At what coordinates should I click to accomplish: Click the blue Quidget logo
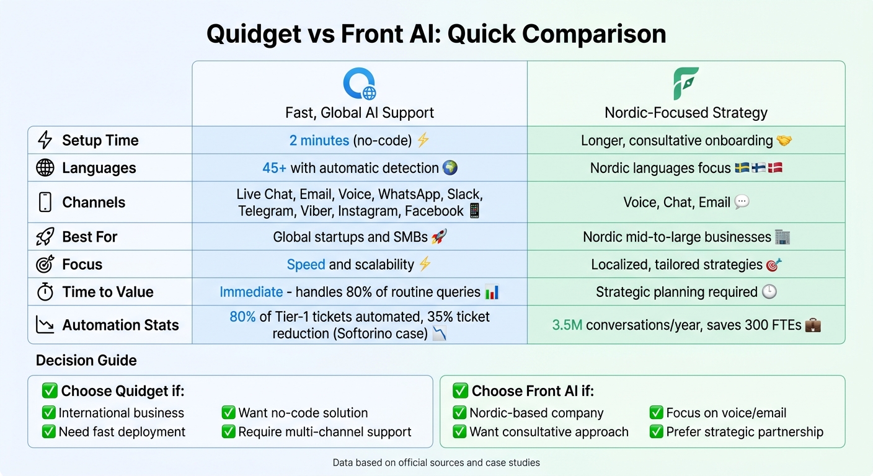click(360, 84)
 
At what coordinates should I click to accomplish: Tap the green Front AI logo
click(686, 84)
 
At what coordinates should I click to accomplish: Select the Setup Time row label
click(100, 140)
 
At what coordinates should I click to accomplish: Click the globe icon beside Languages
click(45, 168)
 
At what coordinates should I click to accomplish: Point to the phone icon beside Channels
click(45, 202)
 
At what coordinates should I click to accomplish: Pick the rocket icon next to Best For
click(45, 237)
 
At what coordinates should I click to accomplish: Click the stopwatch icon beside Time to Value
click(45, 292)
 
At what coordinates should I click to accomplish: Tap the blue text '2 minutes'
click(319, 140)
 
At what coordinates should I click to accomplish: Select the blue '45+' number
click(274, 168)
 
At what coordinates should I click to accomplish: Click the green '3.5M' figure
click(567, 325)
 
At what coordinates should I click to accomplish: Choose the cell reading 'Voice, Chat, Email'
click(677, 202)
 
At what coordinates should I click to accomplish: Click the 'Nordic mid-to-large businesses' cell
click(677, 237)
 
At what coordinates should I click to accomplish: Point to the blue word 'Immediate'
click(251, 292)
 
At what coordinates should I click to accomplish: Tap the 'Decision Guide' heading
click(86, 360)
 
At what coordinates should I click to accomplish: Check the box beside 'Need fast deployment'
click(49, 432)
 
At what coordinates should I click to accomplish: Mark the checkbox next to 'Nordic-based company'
click(460, 413)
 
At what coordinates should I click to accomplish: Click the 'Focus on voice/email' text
click(726, 413)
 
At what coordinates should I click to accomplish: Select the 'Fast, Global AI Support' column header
click(360, 113)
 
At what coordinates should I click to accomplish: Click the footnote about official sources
click(436, 462)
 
